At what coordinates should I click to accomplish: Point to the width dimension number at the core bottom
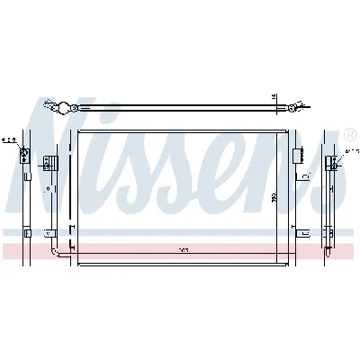pos(184,249)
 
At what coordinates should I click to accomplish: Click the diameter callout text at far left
pos(9,140)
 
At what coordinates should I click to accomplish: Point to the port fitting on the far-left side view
pos(24,158)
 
